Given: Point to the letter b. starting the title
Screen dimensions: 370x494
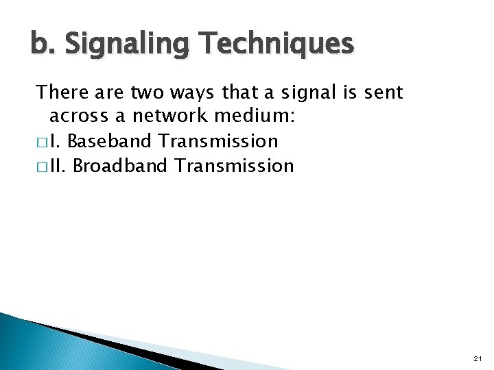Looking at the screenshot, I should (x=40, y=45).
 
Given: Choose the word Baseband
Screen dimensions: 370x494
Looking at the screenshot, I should (x=110, y=141).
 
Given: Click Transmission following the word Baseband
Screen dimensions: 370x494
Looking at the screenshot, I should (x=218, y=141).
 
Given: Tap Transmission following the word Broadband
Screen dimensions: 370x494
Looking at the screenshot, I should (x=235, y=166).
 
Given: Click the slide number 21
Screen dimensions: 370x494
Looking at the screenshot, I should (x=478, y=358).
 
